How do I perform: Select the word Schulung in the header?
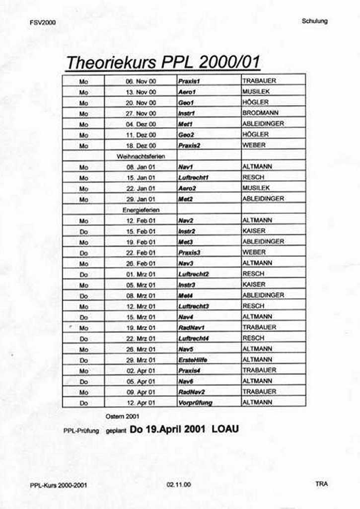point(314,21)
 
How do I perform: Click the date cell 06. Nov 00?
point(141,81)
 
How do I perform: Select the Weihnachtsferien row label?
point(141,156)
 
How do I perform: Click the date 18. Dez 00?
point(141,145)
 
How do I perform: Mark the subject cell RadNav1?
point(191,328)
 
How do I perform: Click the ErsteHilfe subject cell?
point(193,360)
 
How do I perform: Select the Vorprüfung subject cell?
point(195,403)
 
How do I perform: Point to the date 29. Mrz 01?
point(141,360)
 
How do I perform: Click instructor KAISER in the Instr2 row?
point(254,231)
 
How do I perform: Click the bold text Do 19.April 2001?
point(167,429)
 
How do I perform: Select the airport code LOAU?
point(225,429)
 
